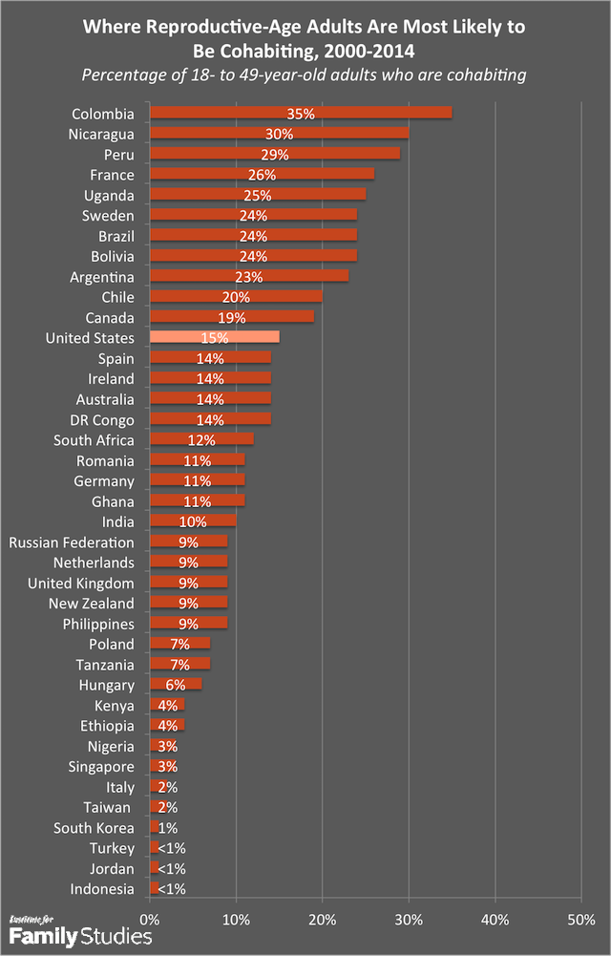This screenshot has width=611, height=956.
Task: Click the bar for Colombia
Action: (x=301, y=114)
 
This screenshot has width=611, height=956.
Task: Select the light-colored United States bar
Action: (x=215, y=338)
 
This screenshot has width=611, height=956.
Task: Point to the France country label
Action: (x=113, y=175)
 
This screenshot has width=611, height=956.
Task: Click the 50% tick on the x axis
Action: (x=580, y=920)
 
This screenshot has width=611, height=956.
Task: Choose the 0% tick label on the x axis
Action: (x=150, y=920)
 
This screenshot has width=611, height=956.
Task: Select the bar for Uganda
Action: (x=258, y=195)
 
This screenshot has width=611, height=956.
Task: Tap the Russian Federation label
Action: (x=72, y=542)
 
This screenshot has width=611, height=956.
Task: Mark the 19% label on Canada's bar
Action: (x=232, y=318)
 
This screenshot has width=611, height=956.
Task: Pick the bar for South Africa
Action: (x=201, y=440)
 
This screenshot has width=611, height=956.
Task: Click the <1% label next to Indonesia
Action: (x=171, y=889)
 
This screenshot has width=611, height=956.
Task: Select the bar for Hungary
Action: (x=176, y=685)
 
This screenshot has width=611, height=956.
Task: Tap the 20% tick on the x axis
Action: (x=322, y=920)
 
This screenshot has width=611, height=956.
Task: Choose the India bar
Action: (x=193, y=522)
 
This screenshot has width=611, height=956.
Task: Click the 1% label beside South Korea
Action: (x=167, y=828)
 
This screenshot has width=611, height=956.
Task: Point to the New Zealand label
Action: (x=92, y=604)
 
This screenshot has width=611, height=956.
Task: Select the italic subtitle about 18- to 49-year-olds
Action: (x=305, y=74)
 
